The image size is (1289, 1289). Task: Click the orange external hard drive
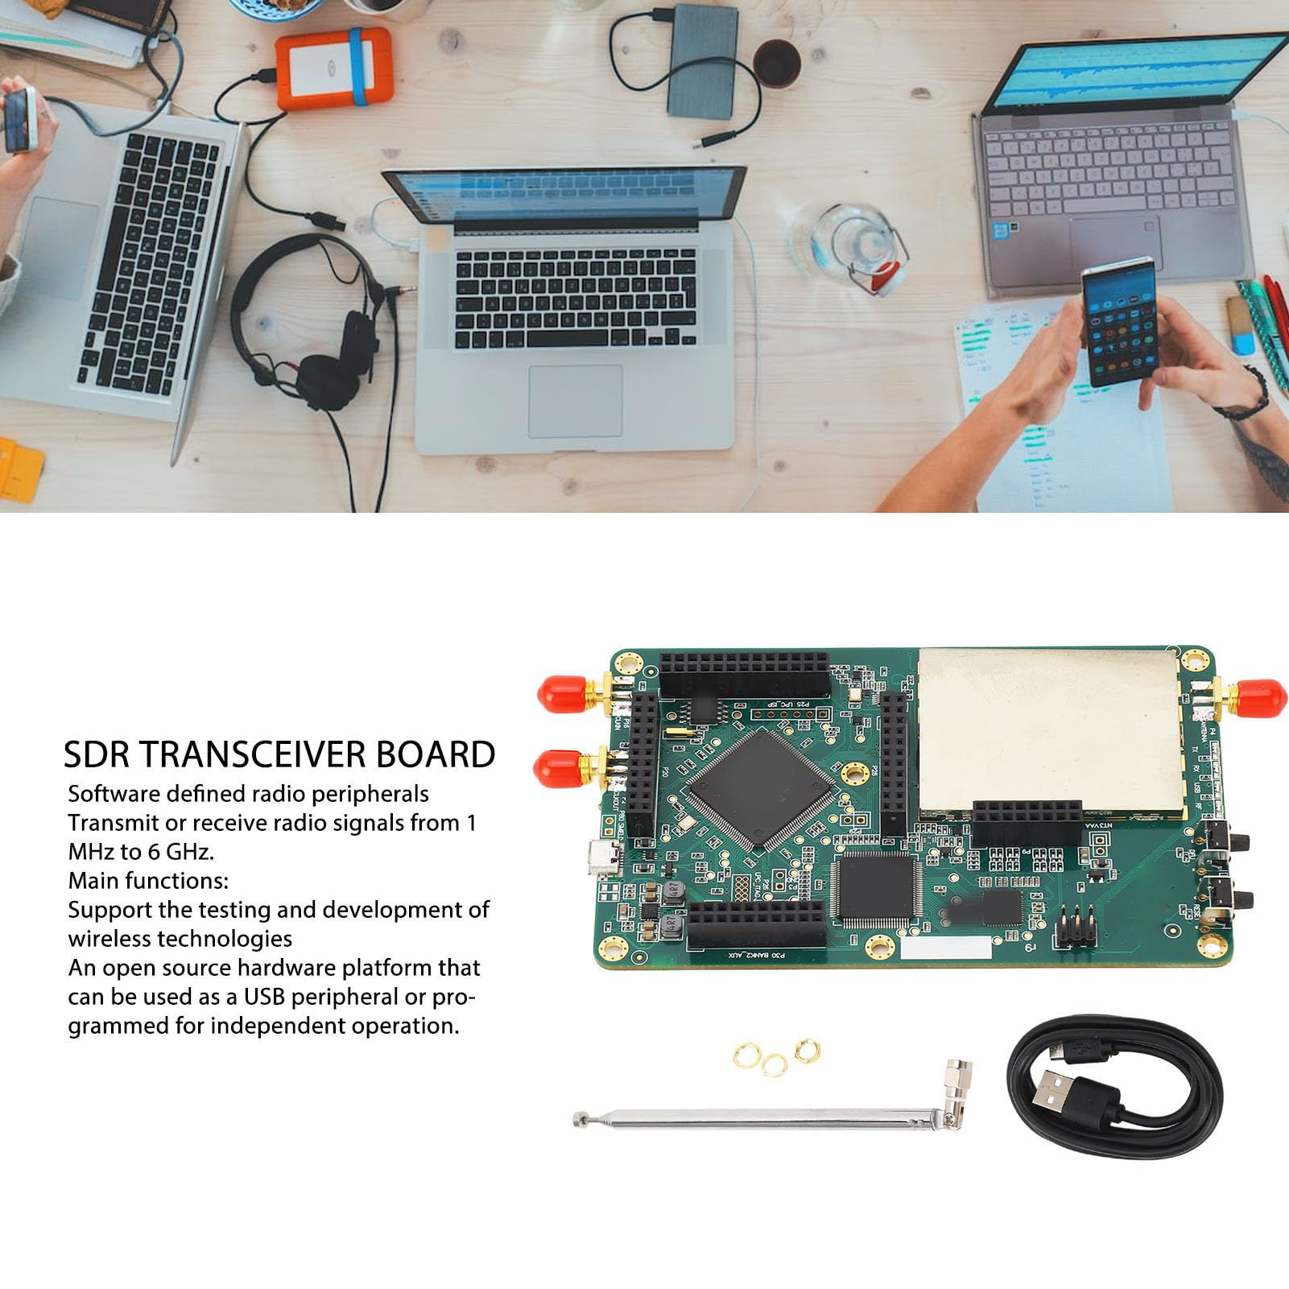click(334, 69)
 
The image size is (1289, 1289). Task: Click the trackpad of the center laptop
click(575, 401)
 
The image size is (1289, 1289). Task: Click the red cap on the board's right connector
click(1261, 698)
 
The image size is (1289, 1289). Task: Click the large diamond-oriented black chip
click(760, 788)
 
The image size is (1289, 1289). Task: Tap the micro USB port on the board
click(604, 859)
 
